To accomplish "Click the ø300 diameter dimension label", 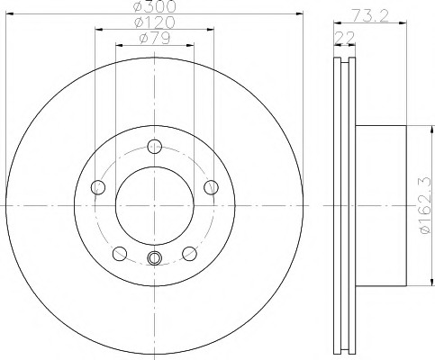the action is pos(154,6).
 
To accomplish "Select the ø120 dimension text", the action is pos(154,22).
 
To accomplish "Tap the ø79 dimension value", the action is pos(155,38).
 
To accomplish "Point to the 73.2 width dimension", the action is pos(370,16).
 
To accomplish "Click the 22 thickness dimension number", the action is pos(345,38).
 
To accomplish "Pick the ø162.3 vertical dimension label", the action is pos(427,206).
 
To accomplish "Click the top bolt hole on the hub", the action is pos(155,147).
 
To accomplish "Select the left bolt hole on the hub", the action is pos(98,187).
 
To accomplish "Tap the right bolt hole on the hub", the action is pos(211,187).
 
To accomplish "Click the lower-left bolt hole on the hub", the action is pos(120,254).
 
